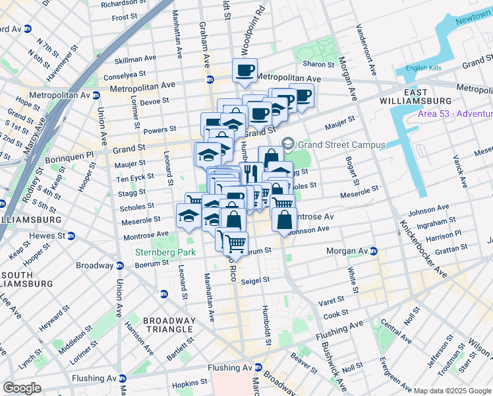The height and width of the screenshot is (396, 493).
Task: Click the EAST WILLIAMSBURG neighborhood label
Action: (x=415, y=96)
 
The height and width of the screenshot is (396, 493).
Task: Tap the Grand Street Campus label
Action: (x=332, y=144)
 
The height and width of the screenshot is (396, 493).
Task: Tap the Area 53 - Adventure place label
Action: (x=455, y=114)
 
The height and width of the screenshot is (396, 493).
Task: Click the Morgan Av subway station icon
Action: (x=373, y=251)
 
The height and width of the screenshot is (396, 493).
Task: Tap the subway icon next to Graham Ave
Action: (x=210, y=79)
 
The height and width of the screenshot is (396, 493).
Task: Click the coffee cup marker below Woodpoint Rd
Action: (x=245, y=71)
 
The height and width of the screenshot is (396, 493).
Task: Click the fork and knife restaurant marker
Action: (x=250, y=174)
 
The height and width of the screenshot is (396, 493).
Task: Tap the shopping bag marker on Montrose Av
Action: (x=283, y=220)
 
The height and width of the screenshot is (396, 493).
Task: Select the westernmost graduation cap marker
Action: (x=188, y=216)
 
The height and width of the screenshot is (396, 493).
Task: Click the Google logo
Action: (x=22, y=387)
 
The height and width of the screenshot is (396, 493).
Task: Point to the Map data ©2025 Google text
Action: (x=452, y=391)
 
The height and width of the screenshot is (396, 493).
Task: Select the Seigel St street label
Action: (x=257, y=280)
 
